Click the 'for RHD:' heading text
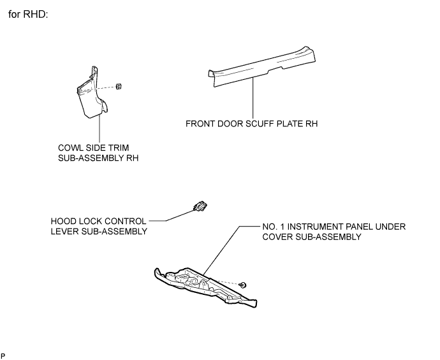pyautogui.click(x=28, y=14)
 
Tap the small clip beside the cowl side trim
pyautogui.click(x=119, y=87)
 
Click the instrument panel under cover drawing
pyautogui.click(x=206, y=287)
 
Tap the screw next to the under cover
pyautogui.click(x=243, y=285)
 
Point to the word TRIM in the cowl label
pyautogui.click(x=119, y=147)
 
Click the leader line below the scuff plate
pyautogui.click(x=253, y=98)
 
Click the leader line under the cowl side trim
pyautogui.click(x=99, y=128)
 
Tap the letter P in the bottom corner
pyautogui.click(x=3, y=356)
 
